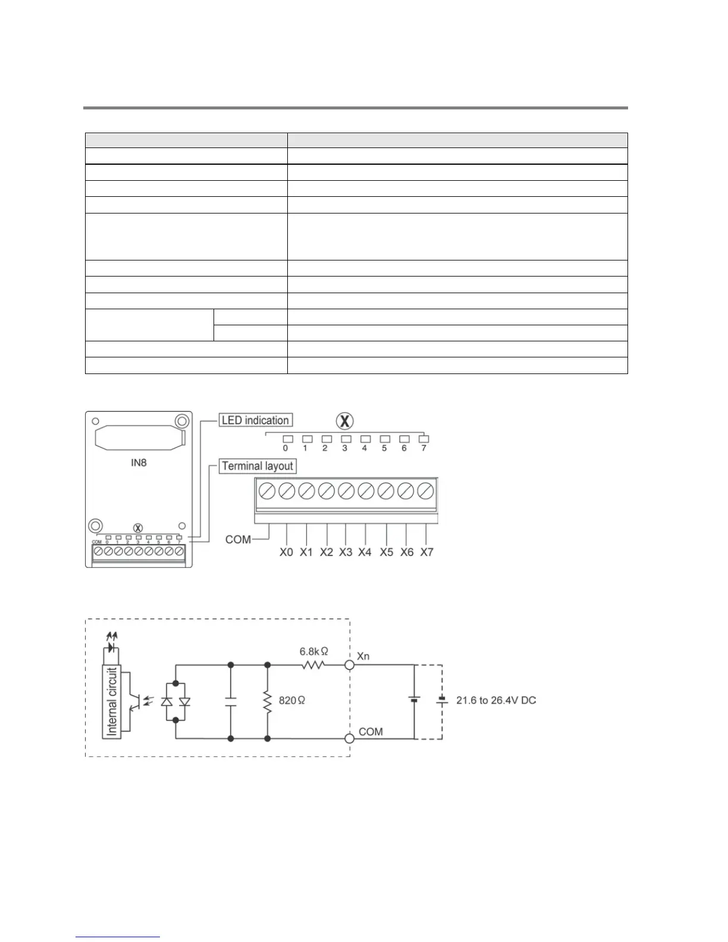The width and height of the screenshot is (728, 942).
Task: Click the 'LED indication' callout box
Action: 255,420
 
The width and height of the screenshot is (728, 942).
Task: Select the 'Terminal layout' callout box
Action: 258,466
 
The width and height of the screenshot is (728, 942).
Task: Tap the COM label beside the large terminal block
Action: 238,539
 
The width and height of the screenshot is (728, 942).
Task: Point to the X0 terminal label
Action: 287,552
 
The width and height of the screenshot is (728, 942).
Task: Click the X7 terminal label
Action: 426,552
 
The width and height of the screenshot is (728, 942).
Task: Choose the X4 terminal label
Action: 365,552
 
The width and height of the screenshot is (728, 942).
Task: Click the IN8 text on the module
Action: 139,462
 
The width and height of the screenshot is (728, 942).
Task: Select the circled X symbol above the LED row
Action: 344,421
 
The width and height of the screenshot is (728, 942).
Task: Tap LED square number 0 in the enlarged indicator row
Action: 287,439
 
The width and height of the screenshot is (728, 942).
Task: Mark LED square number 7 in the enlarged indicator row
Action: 424,439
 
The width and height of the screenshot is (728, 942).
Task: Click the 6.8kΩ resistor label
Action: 313,652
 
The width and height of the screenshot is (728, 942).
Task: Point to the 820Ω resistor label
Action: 291,701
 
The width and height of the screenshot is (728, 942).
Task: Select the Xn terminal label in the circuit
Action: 363,656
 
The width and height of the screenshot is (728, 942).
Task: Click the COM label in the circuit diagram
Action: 371,731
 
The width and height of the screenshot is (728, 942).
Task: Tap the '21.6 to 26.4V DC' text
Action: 496,701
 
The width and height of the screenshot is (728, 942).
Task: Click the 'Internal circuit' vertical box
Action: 111,702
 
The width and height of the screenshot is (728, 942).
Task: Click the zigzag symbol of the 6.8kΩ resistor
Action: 313,665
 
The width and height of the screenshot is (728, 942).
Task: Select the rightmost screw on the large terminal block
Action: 425,492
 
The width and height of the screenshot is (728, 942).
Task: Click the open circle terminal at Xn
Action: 350,665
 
